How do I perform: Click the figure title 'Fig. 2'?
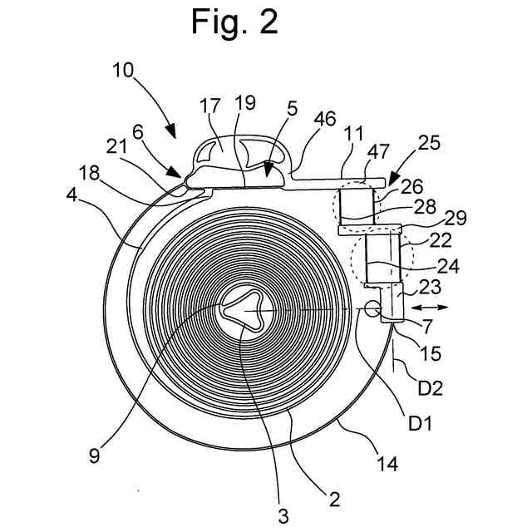click(234, 22)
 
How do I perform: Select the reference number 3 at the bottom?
click(283, 515)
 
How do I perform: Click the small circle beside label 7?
click(370, 309)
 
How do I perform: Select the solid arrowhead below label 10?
click(170, 131)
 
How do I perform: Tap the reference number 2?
click(334, 499)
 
